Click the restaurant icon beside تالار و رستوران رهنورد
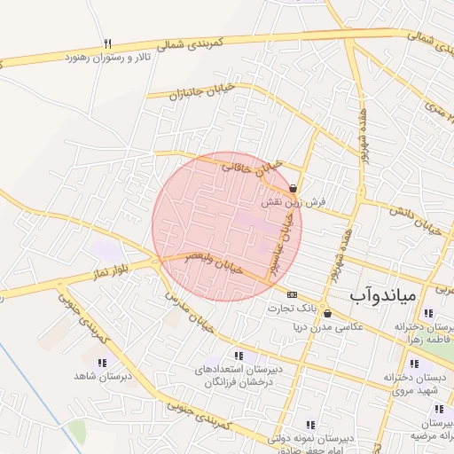(108, 43)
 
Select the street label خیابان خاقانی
(251, 162)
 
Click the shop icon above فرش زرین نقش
(293, 188)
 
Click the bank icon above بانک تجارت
(292, 294)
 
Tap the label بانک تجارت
(294, 308)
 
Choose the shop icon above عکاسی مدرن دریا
(327, 313)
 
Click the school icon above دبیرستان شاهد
(102, 363)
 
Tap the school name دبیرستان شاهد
(103, 376)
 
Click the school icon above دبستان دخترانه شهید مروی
(413, 364)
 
